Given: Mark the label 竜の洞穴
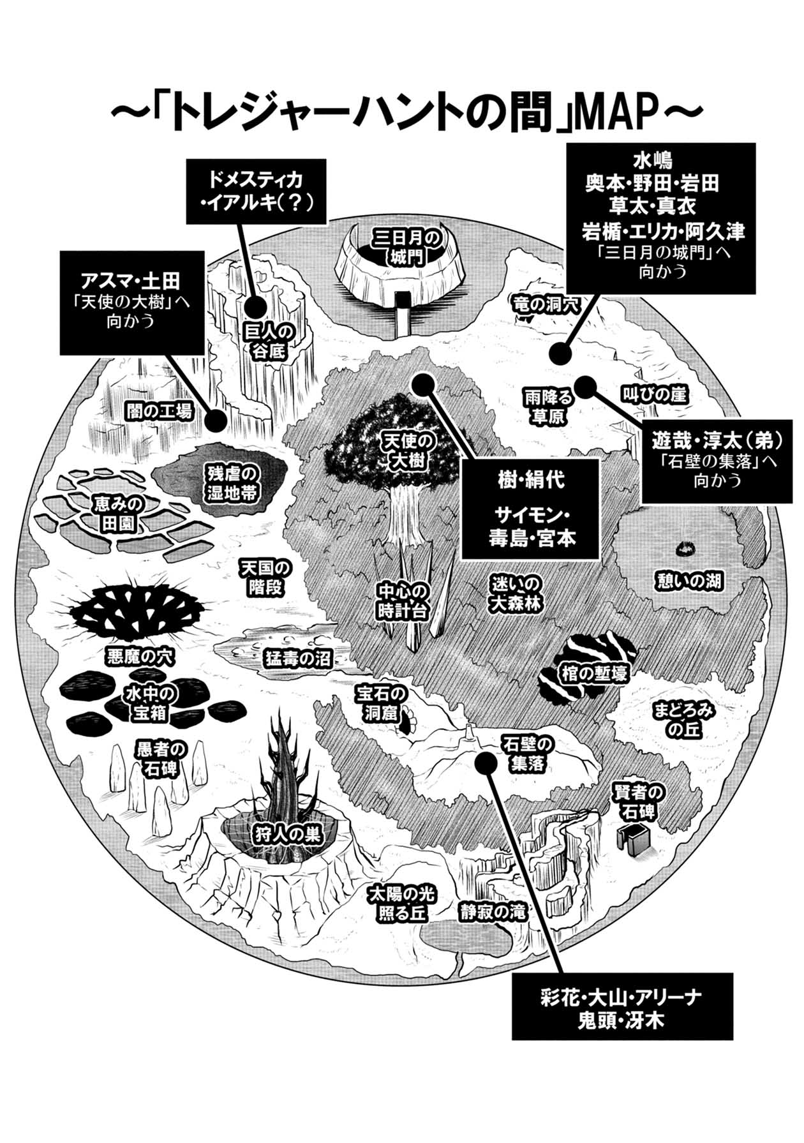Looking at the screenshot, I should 545,305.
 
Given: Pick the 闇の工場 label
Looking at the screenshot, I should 158,412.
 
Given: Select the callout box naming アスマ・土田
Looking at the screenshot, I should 132,302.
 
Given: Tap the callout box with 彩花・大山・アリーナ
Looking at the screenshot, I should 622,1008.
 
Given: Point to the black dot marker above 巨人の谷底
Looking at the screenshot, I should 257,307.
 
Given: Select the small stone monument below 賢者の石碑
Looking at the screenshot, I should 632,837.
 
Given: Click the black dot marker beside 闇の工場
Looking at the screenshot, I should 216,419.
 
